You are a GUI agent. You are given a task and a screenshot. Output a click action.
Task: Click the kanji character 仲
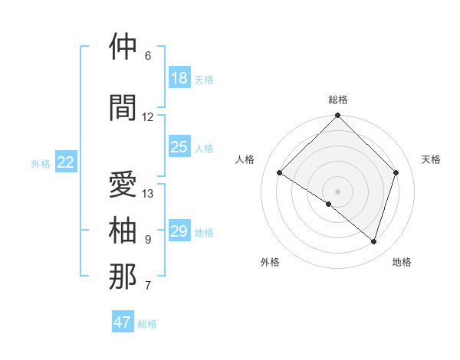[x=123, y=47]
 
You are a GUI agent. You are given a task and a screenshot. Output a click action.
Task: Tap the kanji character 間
[x=123, y=108]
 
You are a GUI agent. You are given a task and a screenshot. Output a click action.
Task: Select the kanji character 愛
[x=123, y=185]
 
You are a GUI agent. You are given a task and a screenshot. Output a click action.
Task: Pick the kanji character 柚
[x=123, y=231]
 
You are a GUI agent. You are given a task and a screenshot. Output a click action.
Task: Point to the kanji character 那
[x=123, y=277]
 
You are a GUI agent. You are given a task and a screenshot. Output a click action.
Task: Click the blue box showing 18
[x=179, y=78]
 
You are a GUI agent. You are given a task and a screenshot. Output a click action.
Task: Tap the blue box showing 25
[x=179, y=147]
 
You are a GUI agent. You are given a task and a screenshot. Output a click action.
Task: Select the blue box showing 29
[x=179, y=231]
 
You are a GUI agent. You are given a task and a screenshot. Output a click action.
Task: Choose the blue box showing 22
[x=67, y=162]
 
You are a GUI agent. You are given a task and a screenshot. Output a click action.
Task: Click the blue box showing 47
[x=123, y=322]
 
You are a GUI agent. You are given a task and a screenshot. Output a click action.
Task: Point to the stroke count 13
[x=148, y=194]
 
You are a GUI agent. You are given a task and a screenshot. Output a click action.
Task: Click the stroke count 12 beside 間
[x=148, y=117]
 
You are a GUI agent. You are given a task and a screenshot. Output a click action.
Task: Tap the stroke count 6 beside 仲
[x=148, y=56]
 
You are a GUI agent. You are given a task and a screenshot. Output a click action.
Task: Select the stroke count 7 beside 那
[x=148, y=286]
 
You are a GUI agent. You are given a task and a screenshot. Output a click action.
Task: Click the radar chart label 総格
[x=337, y=100]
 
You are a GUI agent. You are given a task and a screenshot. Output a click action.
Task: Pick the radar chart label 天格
[x=431, y=159]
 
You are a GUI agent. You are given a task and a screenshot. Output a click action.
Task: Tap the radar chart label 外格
[x=270, y=262]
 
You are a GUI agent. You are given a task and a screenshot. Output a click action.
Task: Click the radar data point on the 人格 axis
[x=280, y=172]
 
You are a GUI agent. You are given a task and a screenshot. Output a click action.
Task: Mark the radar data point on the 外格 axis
[x=329, y=204]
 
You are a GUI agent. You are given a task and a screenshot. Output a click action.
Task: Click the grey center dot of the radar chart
[x=337, y=191]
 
